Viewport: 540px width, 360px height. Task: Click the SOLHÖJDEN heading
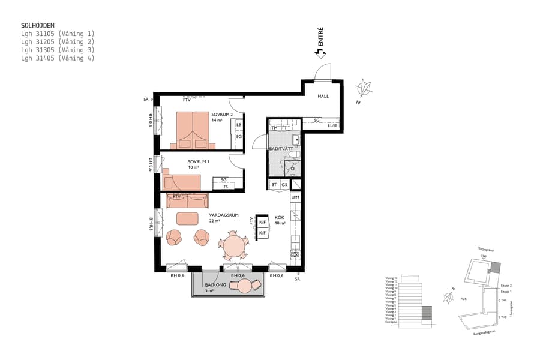click(x=38, y=26)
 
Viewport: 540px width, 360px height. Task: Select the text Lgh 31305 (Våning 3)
click(x=58, y=50)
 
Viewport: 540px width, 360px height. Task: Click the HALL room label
click(x=323, y=96)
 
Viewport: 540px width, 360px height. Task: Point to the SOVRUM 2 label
click(x=221, y=114)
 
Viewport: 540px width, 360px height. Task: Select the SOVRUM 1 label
click(x=198, y=161)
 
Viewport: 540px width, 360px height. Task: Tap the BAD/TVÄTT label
click(x=281, y=148)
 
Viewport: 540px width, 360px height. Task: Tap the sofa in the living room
click(x=187, y=199)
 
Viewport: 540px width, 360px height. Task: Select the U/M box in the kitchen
click(x=295, y=197)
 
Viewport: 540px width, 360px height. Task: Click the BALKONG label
click(x=215, y=286)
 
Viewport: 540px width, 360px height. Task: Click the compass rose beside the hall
click(x=364, y=89)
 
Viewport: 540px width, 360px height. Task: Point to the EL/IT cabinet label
click(x=332, y=125)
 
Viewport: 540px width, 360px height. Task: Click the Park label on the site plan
click(x=463, y=297)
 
